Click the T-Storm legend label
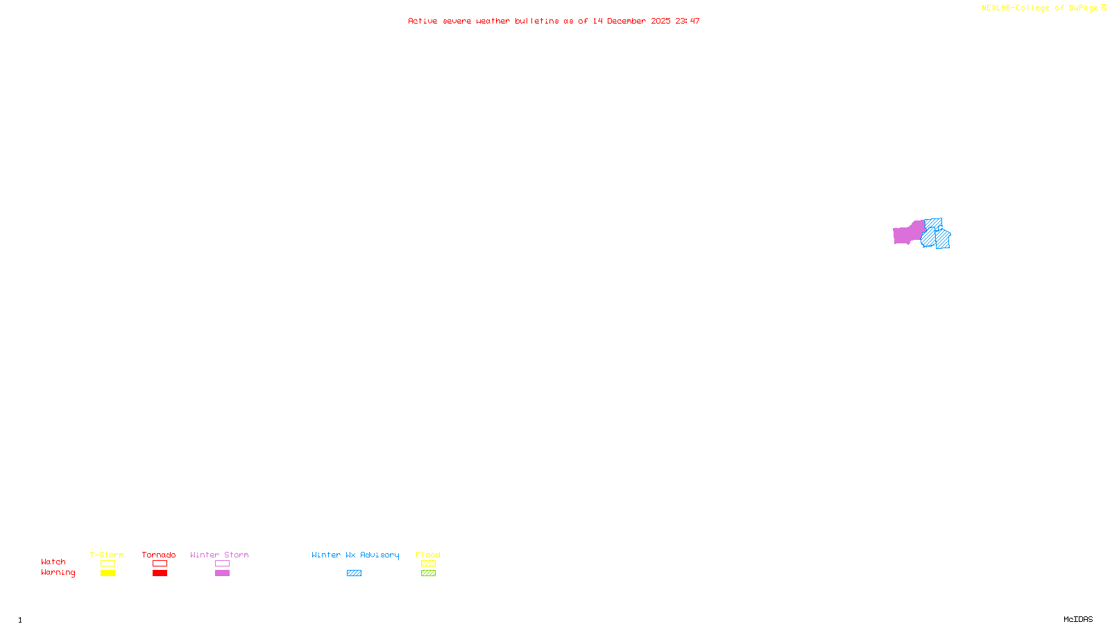click(107, 555)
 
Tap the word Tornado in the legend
click(159, 555)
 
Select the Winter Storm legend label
click(219, 555)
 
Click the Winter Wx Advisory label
click(355, 555)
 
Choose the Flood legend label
click(428, 555)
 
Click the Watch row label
click(53, 562)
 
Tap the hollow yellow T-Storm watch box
click(108, 564)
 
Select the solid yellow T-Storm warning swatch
click(108, 573)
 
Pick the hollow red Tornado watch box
click(160, 564)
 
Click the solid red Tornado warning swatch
click(160, 573)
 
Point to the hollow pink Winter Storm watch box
click(222, 564)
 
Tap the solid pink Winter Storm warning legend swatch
click(222, 573)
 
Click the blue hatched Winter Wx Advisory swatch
click(354, 573)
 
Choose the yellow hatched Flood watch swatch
click(428, 564)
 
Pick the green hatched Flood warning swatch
click(428, 573)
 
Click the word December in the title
click(626, 21)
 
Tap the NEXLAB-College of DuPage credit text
click(1040, 8)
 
